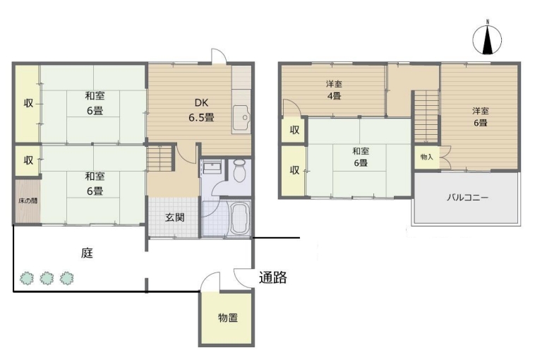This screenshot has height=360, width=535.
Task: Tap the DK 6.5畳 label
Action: pyautogui.click(x=201, y=110)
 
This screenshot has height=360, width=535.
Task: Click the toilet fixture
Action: pyautogui.click(x=239, y=170)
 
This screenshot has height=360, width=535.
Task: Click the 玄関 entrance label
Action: pyautogui.click(x=175, y=217)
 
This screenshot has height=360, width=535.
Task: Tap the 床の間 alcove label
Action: pyautogui.click(x=28, y=200)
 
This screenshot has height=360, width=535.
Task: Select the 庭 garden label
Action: pyautogui.click(x=87, y=253)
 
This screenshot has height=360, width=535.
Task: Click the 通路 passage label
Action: pyautogui.click(x=272, y=277)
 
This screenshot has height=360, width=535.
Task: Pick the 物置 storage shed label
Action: pyautogui.click(x=227, y=318)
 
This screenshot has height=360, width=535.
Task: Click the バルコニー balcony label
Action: pyautogui.click(x=468, y=197)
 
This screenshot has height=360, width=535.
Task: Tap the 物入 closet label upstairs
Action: pyautogui.click(x=426, y=157)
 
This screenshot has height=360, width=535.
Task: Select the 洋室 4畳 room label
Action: pyautogui.click(x=334, y=90)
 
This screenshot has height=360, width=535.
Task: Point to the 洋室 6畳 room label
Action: pyautogui.click(x=481, y=116)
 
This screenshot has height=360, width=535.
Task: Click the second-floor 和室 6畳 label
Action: pyautogui.click(x=361, y=157)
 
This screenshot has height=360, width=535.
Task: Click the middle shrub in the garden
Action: pyautogui.click(x=47, y=278)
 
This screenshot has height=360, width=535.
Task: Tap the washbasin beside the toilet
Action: pyautogui.click(x=212, y=167)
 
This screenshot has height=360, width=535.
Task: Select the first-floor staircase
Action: pyautogui.click(x=160, y=157)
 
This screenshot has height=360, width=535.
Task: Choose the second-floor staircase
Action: pyautogui.click(x=426, y=116)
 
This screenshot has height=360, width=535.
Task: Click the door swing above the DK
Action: pyautogui.click(x=219, y=56)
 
